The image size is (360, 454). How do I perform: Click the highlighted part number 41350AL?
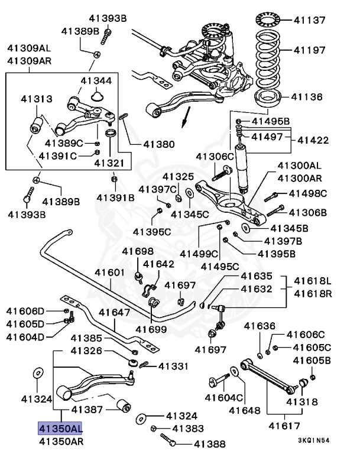[61, 428]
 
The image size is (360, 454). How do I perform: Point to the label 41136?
[308, 96]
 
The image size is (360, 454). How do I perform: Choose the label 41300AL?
[300, 167]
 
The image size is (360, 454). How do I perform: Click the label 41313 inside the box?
[37, 99]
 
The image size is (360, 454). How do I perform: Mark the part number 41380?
[142, 144]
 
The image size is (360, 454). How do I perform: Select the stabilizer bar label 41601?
[110, 273]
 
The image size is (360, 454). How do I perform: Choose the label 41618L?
[313, 280]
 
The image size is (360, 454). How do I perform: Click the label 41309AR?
[28, 60]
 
